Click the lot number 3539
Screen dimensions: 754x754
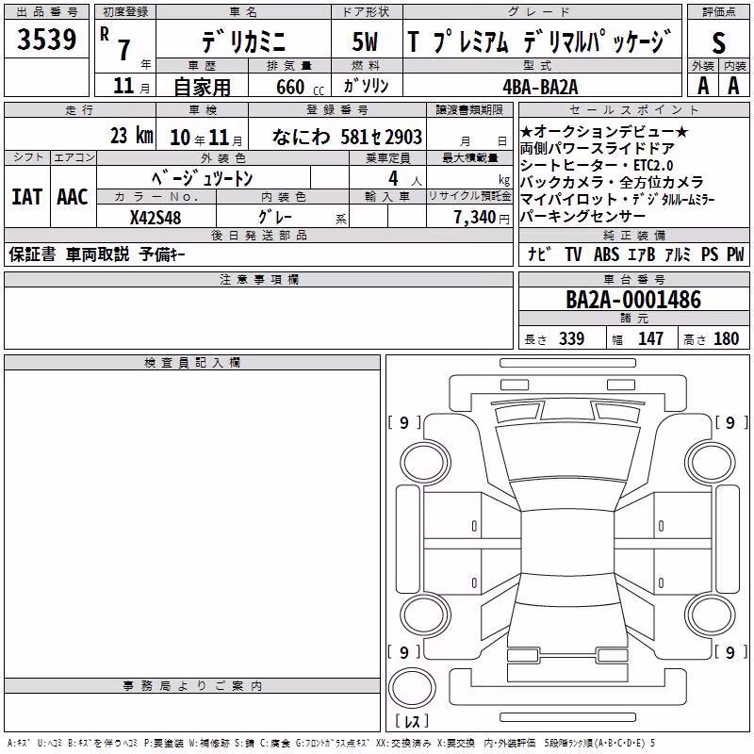point(46,40)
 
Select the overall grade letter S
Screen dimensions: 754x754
point(718,42)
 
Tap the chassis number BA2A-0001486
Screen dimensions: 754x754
point(633,299)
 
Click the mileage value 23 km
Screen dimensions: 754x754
point(132,136)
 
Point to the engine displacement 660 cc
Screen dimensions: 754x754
point(300,87)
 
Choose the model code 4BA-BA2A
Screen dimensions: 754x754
point(540,87)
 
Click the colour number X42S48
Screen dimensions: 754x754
point(156,218)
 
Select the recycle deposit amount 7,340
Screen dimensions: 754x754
point(475,217)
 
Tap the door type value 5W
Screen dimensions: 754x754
point(365,41)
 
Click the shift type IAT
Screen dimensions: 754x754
point(27,197)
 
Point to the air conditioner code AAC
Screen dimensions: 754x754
point(73,197)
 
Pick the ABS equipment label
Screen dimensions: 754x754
point(606,254)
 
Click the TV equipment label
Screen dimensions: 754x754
point(573,254)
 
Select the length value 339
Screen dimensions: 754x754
point(572,338)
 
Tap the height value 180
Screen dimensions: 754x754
point(726,338)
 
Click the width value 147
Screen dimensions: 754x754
point(650,338)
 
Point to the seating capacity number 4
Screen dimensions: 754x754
point(393,178)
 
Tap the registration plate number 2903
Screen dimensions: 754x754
point(403,137)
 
